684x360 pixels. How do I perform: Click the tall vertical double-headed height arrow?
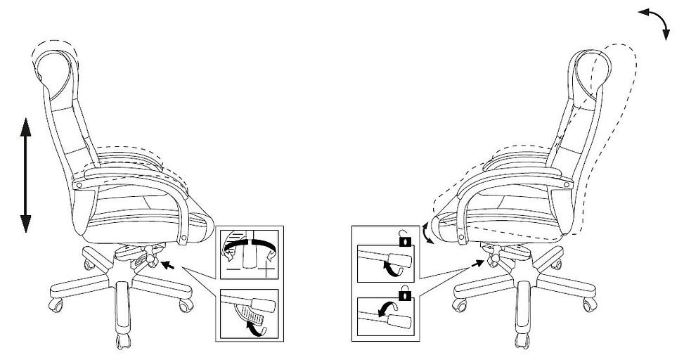25,175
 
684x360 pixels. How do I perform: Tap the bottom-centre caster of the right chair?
521,342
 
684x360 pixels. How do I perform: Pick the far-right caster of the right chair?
588,304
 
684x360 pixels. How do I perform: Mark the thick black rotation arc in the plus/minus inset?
247,242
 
